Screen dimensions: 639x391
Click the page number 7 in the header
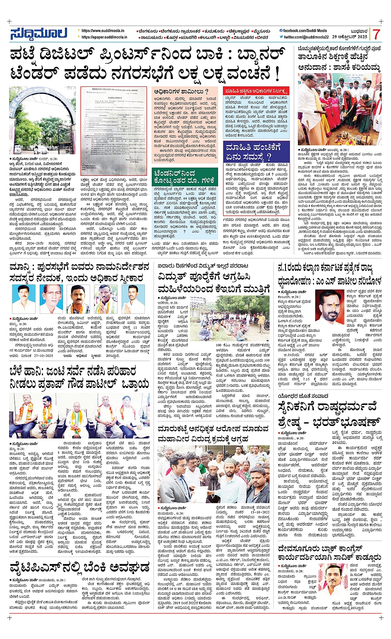(376, 34)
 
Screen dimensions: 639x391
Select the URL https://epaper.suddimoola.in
(104, 37)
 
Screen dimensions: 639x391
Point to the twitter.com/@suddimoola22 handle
(306, 37)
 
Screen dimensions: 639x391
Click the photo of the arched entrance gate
(42, 120)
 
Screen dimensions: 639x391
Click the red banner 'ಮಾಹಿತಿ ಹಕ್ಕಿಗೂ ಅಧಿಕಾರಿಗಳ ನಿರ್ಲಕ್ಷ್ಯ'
(255, 91)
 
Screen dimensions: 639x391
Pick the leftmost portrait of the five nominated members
(24, 299)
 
